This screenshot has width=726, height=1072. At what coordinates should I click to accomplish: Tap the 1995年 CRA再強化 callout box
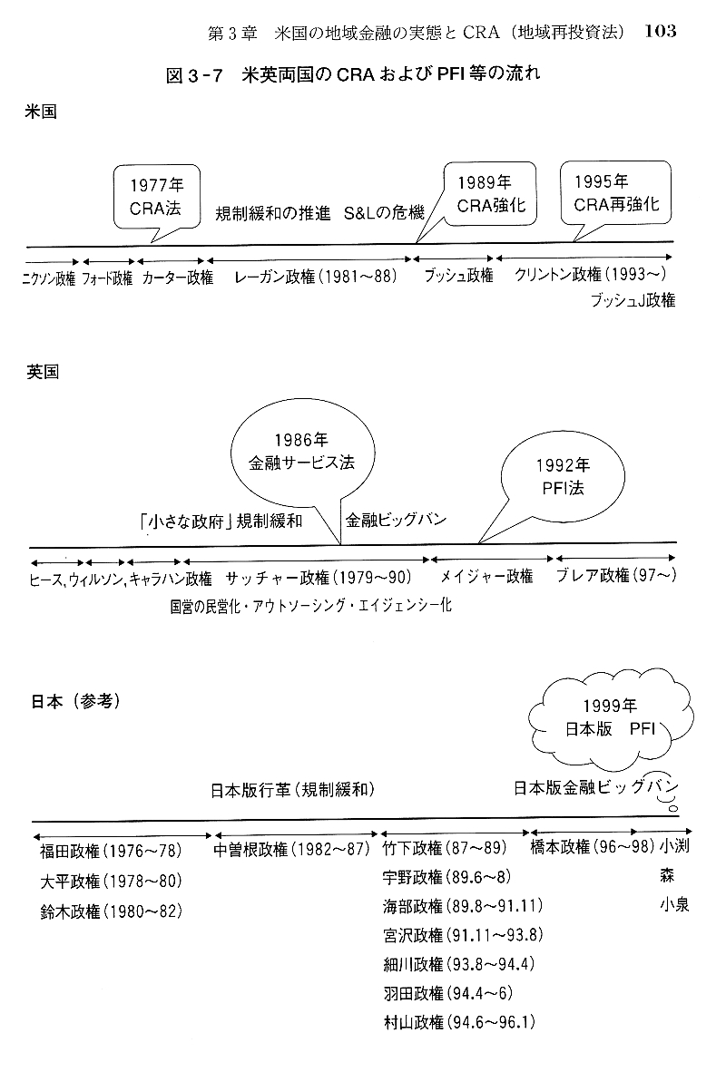pyautogui.click(x=615, y=194)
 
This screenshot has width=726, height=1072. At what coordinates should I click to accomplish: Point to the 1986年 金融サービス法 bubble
pyautogui.click(x=301, y=451)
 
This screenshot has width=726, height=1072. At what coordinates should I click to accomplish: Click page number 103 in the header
pyautogui.click(x=660, y=31)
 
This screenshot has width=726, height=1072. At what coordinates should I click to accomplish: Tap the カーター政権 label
pyautogui.click(x=177, y=277)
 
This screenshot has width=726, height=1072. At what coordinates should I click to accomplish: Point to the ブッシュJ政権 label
pyautogui.click(x=632, y=300)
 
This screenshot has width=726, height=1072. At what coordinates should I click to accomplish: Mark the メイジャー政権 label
pyautogui.click(x=486, y=576)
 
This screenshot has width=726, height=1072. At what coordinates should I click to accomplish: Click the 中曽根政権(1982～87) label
pyautogui.click(x=290, y=850)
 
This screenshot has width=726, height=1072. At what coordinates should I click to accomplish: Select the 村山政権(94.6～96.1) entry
pyautogui.click(x=459, y=1022)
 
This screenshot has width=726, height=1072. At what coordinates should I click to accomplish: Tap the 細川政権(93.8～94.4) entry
pyautogui.click(x=460, y=964)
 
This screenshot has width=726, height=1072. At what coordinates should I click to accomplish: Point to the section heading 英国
pyautogui.click(x=44, y=373)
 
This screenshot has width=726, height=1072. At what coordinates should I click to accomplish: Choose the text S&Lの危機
pyautogui.click(x=384, y=214)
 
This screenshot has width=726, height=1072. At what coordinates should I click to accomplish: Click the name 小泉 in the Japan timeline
pyautogui.click(x=674, y=904)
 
